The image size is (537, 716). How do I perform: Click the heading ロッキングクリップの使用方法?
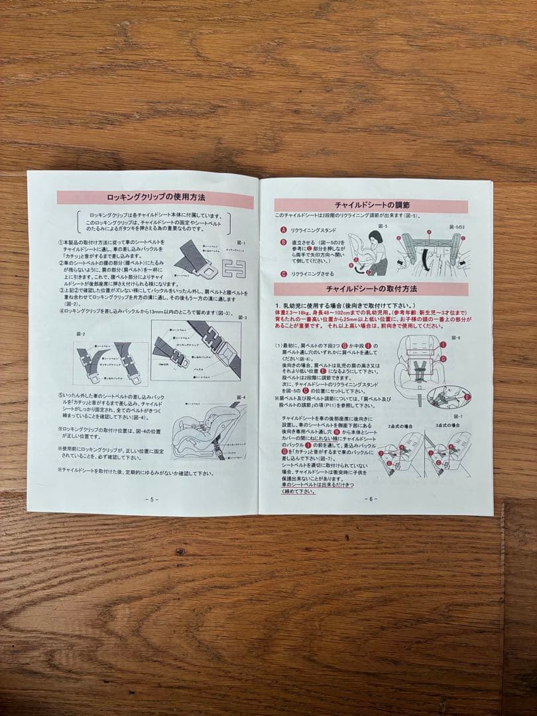point(156,198)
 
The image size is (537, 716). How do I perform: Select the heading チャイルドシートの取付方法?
point(371,289)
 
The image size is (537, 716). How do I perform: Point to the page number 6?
point(370,499)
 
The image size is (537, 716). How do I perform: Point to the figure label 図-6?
point(455,338)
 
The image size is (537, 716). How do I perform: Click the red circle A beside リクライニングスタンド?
point(284,230)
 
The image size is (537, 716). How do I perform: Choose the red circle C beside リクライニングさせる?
point(284,273)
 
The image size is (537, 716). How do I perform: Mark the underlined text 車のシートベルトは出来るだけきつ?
point(320,485)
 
